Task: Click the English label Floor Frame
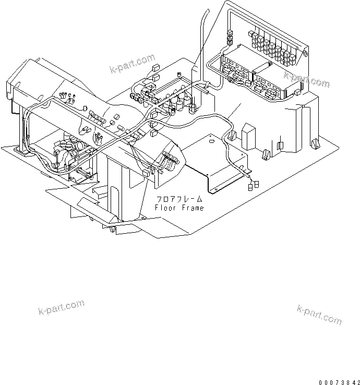coord(179,208)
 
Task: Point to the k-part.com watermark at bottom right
coord(319,314)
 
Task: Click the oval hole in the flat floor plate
coord(210,140)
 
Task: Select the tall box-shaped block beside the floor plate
coord(249,136)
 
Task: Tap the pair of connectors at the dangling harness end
coord(254,184)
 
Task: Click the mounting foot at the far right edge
coord(315,142)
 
